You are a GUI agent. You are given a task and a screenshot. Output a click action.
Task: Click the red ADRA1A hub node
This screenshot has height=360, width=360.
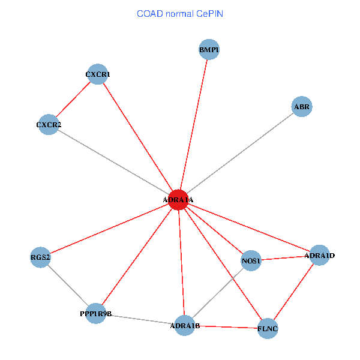(178, 200)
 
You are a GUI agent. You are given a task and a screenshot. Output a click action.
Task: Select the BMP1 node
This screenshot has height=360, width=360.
(209, 49)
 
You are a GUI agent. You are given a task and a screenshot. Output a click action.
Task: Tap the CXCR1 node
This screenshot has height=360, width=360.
(97, 74)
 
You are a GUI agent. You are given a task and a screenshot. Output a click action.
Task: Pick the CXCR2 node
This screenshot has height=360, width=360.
(49, 125)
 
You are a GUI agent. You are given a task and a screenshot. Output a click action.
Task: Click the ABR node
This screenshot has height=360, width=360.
(302, 107)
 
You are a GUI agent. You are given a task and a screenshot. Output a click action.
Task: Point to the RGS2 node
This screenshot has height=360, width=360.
(40, 257)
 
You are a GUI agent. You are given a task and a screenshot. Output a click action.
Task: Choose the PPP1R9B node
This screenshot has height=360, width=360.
(96, 313)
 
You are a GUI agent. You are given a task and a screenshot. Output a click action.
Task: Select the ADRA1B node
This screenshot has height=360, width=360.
(185, 326)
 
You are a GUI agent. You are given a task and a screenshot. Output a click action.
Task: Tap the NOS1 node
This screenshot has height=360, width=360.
(250, 260)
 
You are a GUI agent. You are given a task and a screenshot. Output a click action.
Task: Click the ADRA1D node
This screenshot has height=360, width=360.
(319, 256)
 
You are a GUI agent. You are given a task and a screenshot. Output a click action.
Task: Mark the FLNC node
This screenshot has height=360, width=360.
(268, 329)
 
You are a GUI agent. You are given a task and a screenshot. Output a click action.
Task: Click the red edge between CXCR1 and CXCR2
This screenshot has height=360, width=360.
(73, 100)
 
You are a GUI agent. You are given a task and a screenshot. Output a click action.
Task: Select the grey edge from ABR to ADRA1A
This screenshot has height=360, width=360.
(240, 153)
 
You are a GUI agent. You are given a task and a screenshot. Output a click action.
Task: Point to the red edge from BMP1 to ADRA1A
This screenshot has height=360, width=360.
(194, 124)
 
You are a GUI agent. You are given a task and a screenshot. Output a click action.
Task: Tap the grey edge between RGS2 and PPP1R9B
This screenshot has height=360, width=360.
(68, 285)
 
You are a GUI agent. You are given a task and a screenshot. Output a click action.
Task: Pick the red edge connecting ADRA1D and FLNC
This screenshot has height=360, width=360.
(293, 292)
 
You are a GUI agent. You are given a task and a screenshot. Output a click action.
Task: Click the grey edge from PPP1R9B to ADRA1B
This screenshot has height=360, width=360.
(140, 320)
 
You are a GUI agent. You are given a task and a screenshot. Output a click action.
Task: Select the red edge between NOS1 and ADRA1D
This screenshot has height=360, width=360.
(284, 258)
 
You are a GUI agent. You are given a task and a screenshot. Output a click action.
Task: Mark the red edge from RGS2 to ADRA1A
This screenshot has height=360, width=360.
(109, 229)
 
